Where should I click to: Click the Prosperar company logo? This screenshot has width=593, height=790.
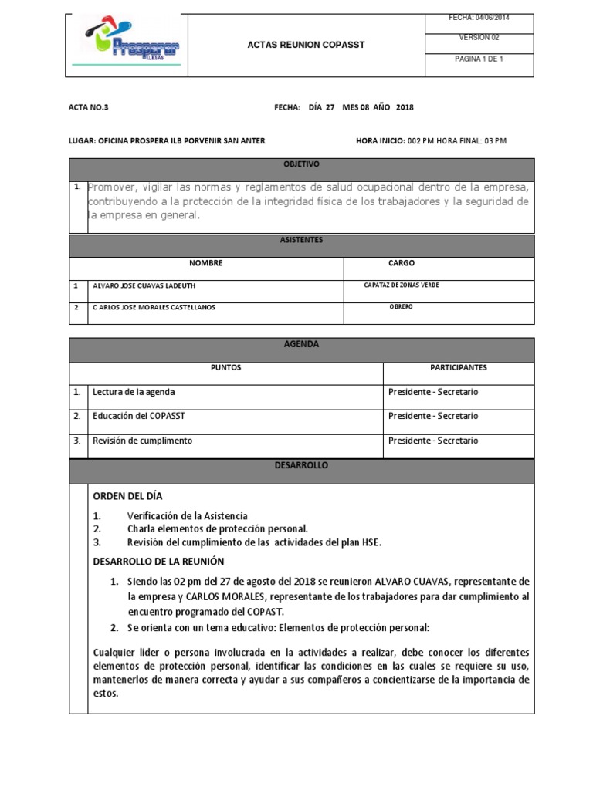point(128,45)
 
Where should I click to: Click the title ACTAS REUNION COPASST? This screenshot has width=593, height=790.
point(306,45)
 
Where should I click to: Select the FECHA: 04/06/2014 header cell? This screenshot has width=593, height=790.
point(479,18)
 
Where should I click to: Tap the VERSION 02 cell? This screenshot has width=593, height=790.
point(479,37)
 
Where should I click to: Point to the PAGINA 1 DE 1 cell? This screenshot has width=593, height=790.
point(479,58)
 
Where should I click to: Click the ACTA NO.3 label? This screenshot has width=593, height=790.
point(83,108)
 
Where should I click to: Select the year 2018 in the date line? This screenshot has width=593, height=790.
point(405,108)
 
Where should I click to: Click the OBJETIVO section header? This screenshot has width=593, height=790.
point(301,165)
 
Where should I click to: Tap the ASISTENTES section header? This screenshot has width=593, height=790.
point(301,241)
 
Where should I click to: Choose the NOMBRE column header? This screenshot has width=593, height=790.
point(205,264)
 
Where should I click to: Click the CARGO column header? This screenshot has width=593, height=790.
point(402,264)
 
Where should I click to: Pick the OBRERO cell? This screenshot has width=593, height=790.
point(401,307)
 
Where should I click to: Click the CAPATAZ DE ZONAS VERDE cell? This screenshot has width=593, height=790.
point(402,285)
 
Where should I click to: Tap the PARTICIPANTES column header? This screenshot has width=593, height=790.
point(459,368)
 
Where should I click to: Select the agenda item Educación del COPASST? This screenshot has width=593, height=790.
point(138,417)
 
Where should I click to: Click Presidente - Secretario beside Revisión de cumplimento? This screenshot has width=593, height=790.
point(433,441)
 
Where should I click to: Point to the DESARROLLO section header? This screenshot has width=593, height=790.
point(301,466)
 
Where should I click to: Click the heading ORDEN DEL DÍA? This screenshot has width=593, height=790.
point(127,496)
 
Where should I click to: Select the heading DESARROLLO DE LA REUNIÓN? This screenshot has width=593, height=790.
point(158,561)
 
